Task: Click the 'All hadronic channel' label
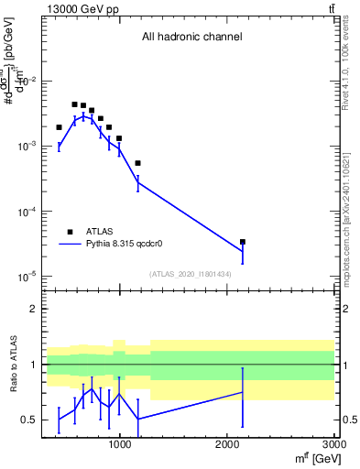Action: point(191,38)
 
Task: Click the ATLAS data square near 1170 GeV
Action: point(137,163)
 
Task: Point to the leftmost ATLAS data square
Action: point(59,127)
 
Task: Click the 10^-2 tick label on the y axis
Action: point(27,82)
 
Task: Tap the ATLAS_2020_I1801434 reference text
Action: point(191,274)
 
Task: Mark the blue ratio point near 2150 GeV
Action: point(243,392)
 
